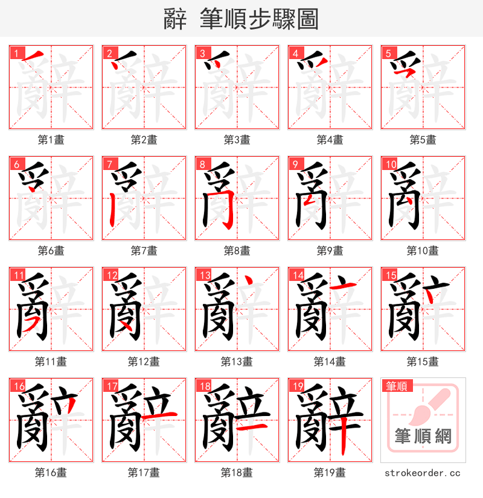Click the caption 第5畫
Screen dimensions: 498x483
(423, 140)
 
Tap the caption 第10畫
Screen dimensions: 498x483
(423, 251)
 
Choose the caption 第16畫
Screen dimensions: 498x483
(51, 473)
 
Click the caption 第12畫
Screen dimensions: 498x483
(144, 362)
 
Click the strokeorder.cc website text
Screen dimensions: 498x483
(422, 473)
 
